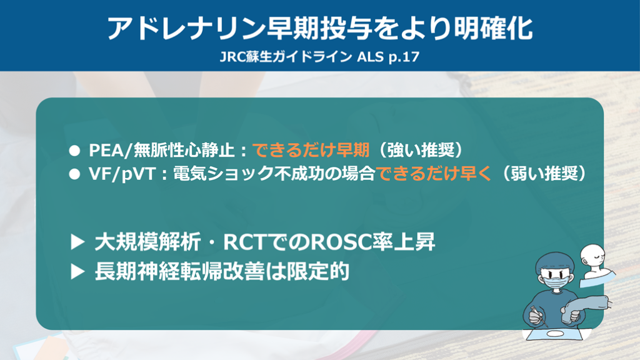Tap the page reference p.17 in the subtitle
[x=404, y=57]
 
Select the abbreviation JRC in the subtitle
[x=232, y=57]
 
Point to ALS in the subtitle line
[x=370, y=57]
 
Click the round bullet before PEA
[x=74, y=151]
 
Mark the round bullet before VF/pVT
[x=74, y=174]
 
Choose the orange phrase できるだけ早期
[x=311, y=150]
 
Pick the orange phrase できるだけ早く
[x=434, y=174]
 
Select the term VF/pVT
[x=122, y=174]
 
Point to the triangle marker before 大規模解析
[x=77, y=242]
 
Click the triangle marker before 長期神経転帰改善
[x=77, y=271]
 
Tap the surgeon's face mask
[x=556, y=281]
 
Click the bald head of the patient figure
[x=592, y=254]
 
